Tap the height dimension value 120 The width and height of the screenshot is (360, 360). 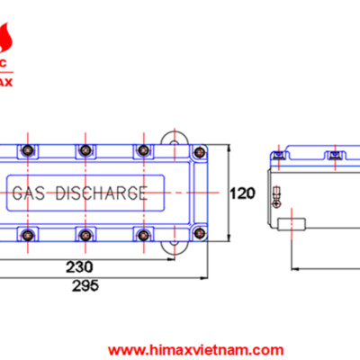click(242, 193)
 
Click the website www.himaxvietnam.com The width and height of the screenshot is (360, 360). click(198, 349)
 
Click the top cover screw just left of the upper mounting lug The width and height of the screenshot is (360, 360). click(141, 149)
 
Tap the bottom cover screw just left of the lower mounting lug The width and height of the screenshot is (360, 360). click(141, 236)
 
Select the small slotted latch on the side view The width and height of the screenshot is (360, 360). click(275, 193)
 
